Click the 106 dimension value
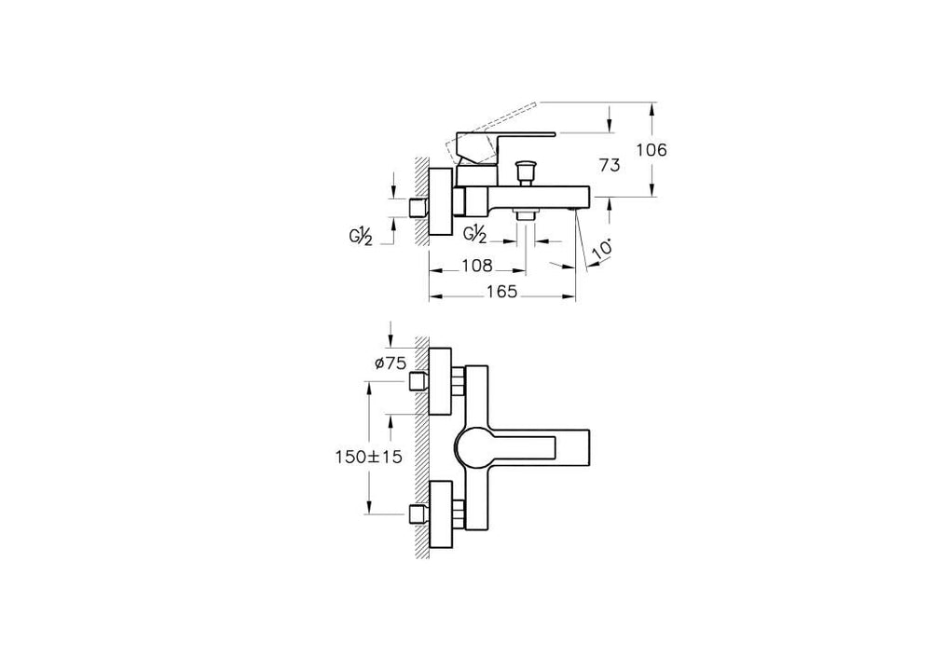coord(651,150)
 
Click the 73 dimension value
coord(609,165)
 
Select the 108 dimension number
coord(477,266)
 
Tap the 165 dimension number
coord(503,292)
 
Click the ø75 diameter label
coord(390,363)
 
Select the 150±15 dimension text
coord(368,457)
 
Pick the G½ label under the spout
coord(475,234)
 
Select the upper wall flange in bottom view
coord(440,381)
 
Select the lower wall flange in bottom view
coord(440,514)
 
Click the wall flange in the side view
coord(440,201)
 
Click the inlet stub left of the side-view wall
coord(419,208)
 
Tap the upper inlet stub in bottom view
coord(419,381)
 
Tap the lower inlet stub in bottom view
coord(419,514)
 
